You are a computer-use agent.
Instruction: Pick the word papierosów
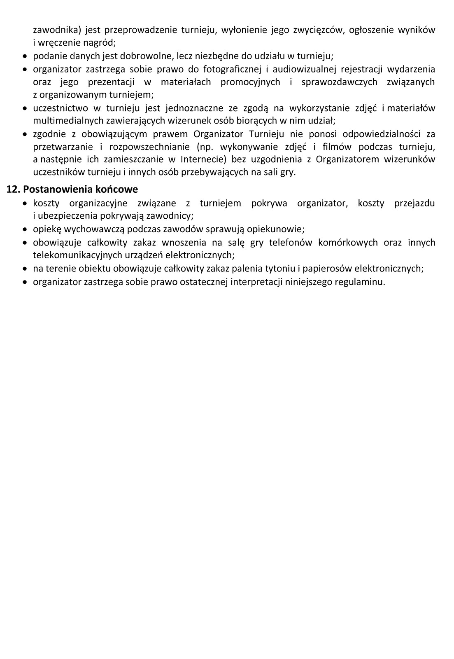(x=327, y=269)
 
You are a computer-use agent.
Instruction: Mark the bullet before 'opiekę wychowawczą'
(x=26, y=229)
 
